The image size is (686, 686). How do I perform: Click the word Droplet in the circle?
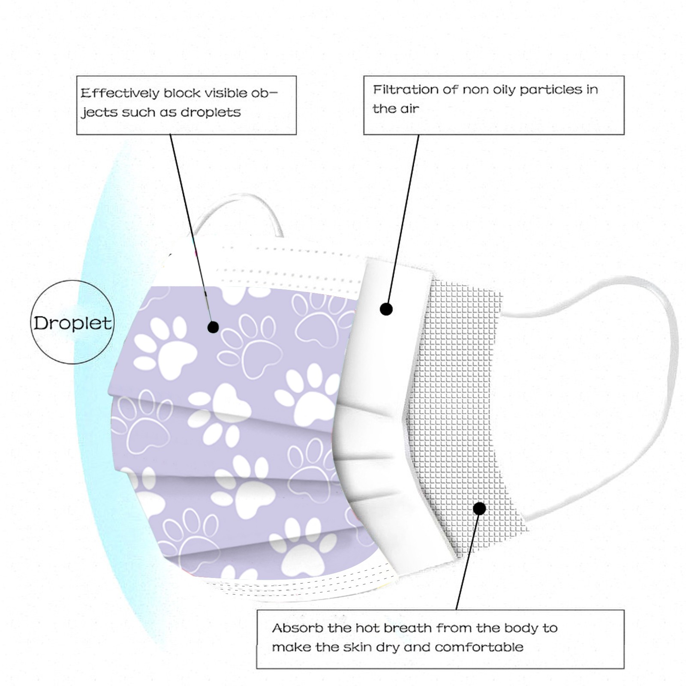[x=72, y=323]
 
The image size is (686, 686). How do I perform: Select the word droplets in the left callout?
[x=211, y=112]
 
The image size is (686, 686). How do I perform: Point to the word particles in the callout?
[x=551, y=90]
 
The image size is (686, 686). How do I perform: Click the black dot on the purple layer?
[x=213, y=328]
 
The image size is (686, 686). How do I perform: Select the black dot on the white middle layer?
[x=386, y=309]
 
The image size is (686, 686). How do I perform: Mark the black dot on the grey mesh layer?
[x=480, y=509]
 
